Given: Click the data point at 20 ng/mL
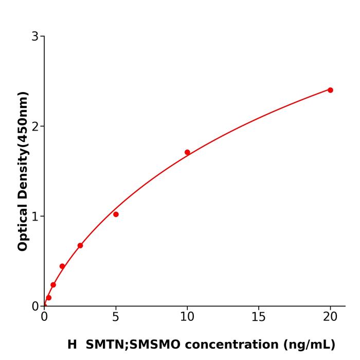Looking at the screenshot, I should coord(330,90).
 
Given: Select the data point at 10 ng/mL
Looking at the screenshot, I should coord(187,152).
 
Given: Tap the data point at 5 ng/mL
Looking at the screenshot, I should coord(116,214).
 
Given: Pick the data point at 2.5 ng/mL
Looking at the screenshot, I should coord(80,245).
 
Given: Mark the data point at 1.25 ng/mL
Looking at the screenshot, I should coord(62,266).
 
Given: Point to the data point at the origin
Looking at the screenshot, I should coord(44,305).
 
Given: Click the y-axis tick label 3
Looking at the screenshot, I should coord(35,37).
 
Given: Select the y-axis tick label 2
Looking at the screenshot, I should coord(35,127).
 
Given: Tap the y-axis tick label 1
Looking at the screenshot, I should coord(35,217).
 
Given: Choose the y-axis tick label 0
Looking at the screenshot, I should coord(35,307).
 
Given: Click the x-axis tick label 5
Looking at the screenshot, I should coord(116,317).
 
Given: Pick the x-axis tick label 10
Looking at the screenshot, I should coord(187,317).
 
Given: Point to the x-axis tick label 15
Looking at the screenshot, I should coord(259,317).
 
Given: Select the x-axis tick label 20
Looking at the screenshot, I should coord(330,317).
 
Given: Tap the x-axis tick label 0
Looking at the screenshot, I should coord(44,317).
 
